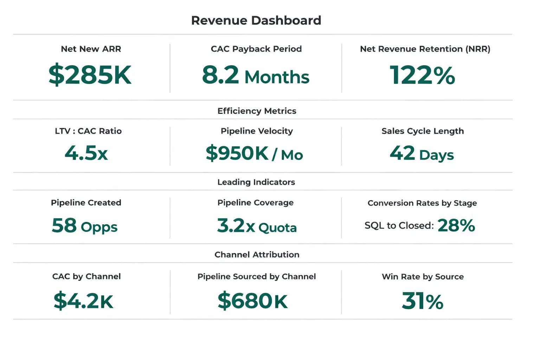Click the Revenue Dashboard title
[256, 20]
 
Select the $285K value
[90, 75]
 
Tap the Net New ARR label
[91, 49]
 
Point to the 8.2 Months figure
[256, 75]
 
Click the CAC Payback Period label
[256, 49]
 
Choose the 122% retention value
[422, 75]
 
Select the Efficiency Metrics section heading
[257, 111]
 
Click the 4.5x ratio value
[86, 153]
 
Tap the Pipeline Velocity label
[257, 131]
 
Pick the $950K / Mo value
[254, 154]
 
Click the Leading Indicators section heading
[256, 182]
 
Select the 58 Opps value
[84, 226]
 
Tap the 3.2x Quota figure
[257, 226]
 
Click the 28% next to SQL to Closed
[456, 225]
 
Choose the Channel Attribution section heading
[257, 255]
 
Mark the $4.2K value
[83, 301]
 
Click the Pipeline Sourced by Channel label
[256, 277]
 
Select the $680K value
[252, 301]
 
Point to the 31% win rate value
[422, 301]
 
